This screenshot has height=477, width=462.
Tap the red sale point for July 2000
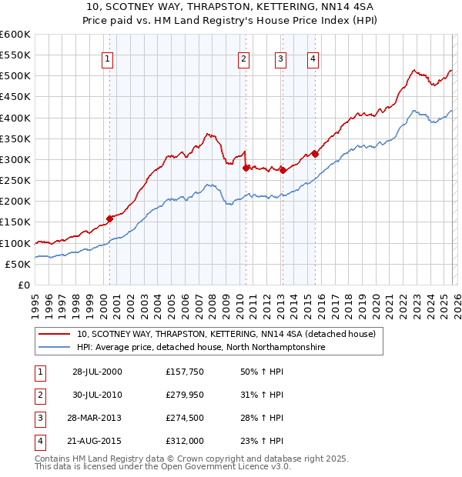109,218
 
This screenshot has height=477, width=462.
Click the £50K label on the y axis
18,264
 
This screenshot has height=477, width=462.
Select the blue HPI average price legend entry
201,348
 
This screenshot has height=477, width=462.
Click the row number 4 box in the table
38,441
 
